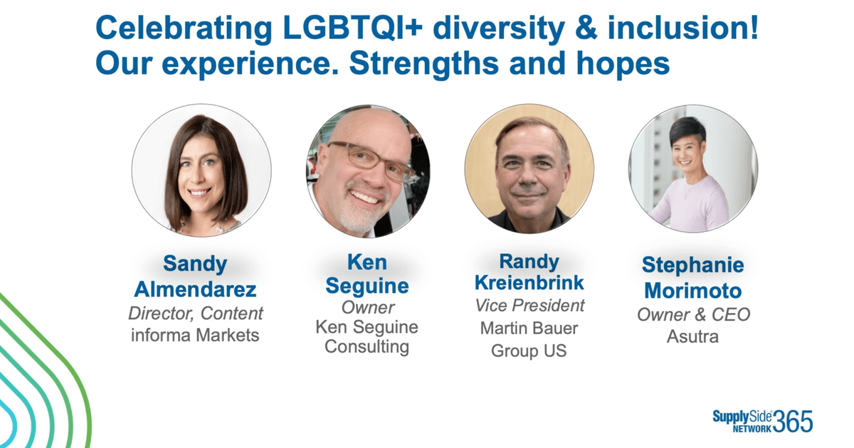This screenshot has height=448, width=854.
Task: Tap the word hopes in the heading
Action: [x=618, y=64]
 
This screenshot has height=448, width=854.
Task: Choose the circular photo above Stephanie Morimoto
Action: [x=692, y=169]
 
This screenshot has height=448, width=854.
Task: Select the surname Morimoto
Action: [x=692, y=291]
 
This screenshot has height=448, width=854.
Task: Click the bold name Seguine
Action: [x=367, y=286]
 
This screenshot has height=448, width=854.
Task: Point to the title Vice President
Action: [x=529, y=305]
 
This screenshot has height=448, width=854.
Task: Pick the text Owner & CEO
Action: [x=693, y=314]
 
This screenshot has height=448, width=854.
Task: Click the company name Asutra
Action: [x=692, y=336]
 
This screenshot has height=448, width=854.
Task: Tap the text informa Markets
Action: [x=195, y=334]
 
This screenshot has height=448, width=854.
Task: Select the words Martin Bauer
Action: [x=529, y=329]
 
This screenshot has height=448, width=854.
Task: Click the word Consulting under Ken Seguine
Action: [x=367, y=347]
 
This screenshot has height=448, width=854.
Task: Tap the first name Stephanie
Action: [x=692, y=266]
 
